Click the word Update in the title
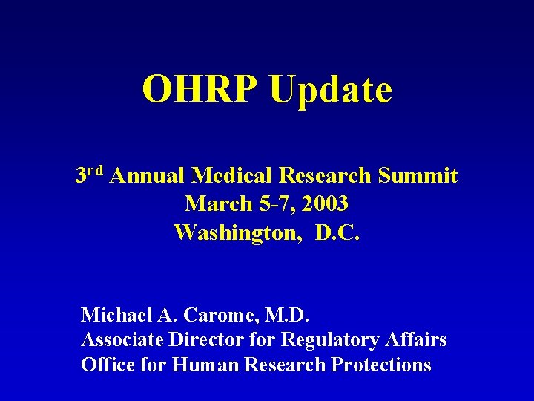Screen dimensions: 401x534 331,91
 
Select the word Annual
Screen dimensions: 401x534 151,176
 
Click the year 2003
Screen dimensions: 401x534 324,203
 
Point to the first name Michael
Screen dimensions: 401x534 116,315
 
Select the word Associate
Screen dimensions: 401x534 122,340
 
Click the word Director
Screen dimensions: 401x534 202,340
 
